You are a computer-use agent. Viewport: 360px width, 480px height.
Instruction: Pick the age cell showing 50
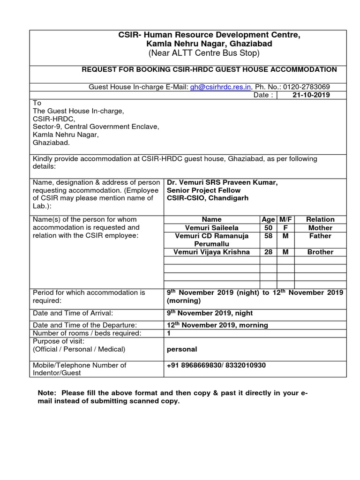(x=268, y=228)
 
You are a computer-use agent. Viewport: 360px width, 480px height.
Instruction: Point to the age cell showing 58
(x=268, y=236)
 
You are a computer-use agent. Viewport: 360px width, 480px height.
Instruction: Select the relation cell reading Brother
(x=320, y=252)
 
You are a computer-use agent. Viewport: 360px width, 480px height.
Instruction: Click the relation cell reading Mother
(x=320, y=228)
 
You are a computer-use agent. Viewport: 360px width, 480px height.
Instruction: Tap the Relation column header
(x=320, y=219)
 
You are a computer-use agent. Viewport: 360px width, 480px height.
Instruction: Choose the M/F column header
(x=285, y=219)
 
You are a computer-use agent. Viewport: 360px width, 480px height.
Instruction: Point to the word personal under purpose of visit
(x=182, y=349)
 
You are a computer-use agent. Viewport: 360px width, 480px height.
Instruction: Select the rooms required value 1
(x=169, y=333)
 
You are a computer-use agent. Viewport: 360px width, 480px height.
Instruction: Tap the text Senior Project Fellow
(x=203, y=190)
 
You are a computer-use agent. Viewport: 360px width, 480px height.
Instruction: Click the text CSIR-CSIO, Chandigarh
(x=207, y=198)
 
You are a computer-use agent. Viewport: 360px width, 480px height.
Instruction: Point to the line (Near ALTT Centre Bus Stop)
(x=203, y=53)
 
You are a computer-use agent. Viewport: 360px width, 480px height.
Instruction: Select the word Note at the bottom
(x=46, y=393)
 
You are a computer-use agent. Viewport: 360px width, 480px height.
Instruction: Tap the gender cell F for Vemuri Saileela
(x=285, y=228)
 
